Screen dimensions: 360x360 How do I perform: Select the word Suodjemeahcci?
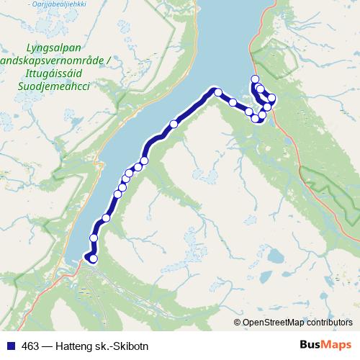(49, 85)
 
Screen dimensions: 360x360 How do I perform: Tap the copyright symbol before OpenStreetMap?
(238, 323)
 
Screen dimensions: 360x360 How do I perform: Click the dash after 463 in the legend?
(45, 346)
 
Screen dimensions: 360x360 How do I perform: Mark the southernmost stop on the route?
(93, 258)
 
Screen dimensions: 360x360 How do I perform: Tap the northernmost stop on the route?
(254, 79)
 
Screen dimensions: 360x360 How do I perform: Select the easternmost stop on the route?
(272, 98)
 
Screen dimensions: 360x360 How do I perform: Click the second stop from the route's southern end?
(94, 238)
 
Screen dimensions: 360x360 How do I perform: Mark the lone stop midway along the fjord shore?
(174, 124)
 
